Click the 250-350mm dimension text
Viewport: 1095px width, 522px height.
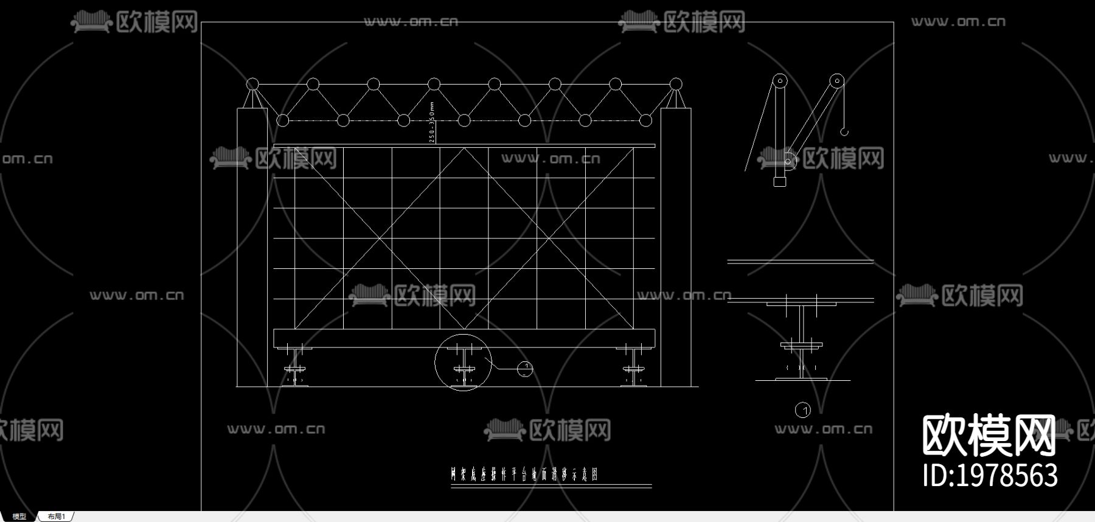pyautogui.click(x=433, y=122)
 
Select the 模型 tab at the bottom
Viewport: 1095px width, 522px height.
pyautogui.click(x=19, y=517)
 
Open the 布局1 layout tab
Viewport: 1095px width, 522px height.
pyautogui.click(x=57, y=517)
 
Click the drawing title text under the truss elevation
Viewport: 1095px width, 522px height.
pyautogui.click(x=524, y=474)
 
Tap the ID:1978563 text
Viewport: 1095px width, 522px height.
pyautogui.click(x=990, y=476)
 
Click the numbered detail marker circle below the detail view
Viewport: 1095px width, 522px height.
pyautogui.click(x=803, y=411)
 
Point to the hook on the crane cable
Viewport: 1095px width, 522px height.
pyautogui.click(x=844, y=131)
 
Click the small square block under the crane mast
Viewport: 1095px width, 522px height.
pyautogui.click(x=779, y=181)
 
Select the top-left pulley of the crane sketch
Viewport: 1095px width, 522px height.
pyautogui.click(x=780, y=81)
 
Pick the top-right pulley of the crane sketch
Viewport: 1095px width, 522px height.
pyautogui.click(x=837, y=80)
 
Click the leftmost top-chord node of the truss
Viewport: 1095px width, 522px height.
pyautogui.click(x=252, y=84)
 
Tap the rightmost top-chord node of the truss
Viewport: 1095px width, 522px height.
pyautogui.click(x=675, y=84)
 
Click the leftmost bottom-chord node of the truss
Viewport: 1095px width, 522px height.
pyautogui.click(x=283, y=120)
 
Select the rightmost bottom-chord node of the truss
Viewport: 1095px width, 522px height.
pyautogui.click(x=645, y=120)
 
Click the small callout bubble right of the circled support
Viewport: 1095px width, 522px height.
pyautogui.click(x=525, y=369)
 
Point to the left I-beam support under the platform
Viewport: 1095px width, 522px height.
pyautogui.click(x=295, y=365)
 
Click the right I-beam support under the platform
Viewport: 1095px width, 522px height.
pyautogui.click(x=633, y=365)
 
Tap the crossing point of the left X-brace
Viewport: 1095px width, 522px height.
pyautogui.click(x=380, y=238)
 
